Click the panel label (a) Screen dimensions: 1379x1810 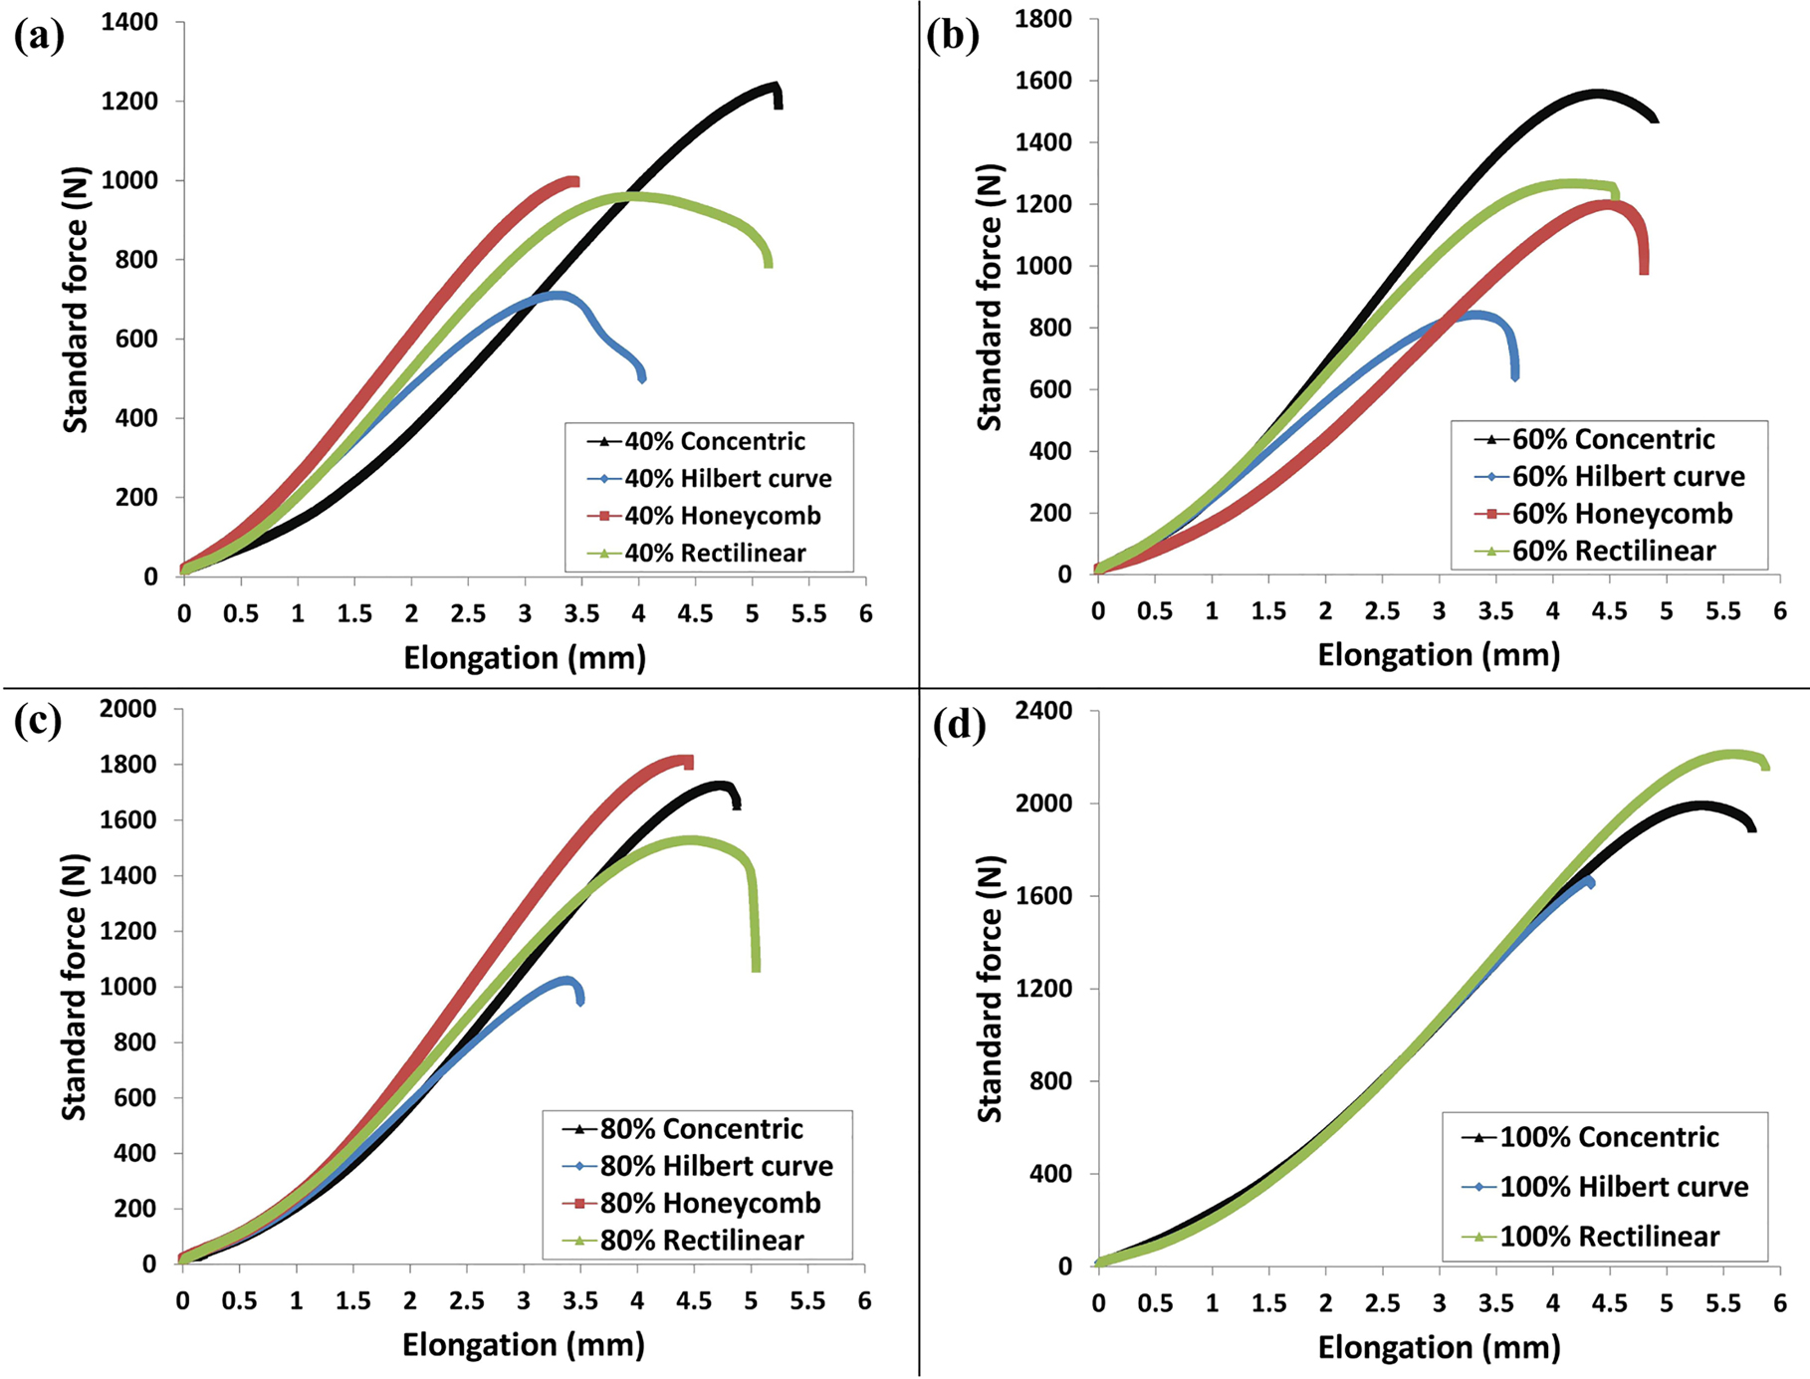[x=39, y=37]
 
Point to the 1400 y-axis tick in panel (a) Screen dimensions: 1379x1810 [x=129, y=22]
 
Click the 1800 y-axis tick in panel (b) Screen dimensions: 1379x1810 [x=1043, y=19]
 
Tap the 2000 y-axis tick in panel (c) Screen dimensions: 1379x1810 [x=128, y=709]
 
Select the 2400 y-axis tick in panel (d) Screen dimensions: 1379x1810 [x=1043, y=711]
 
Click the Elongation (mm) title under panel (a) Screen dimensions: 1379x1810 [x=525, y=658]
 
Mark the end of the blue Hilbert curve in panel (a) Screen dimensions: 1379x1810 [x=641, y=377]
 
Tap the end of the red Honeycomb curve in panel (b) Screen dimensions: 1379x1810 [x=1644, y=271]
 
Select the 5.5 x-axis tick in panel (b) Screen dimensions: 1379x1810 [x=1723, y=611]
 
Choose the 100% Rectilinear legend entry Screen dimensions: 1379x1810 [x=1609, y=1237]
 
